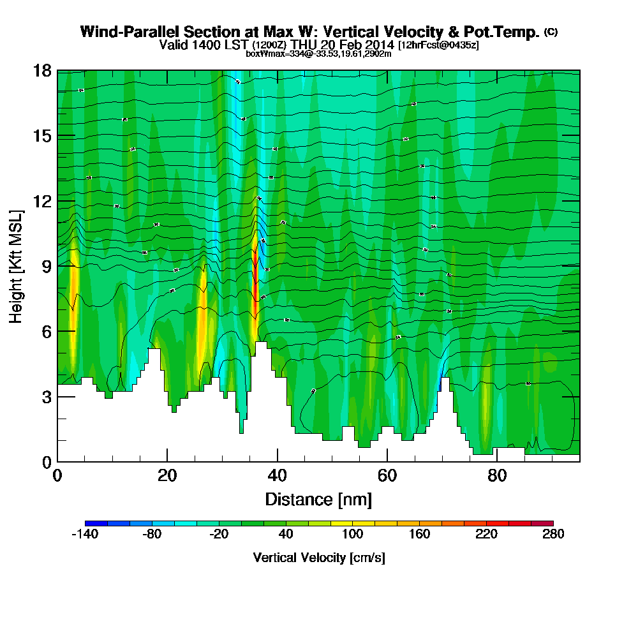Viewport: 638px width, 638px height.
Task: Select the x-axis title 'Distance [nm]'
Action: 318,499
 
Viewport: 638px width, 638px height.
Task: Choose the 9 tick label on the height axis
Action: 45,266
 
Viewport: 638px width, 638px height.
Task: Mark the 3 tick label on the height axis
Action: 45,396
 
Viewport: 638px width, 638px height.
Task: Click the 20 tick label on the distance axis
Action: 167,476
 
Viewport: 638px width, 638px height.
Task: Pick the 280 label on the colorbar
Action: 553,535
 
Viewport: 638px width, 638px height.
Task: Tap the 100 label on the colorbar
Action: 352,535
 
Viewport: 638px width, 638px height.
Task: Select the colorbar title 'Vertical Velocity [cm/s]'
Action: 318,558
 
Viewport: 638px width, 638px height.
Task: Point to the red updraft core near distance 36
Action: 256,281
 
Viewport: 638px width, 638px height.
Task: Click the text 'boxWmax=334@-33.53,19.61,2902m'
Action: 318,54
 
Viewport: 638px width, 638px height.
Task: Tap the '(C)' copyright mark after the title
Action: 551,31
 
